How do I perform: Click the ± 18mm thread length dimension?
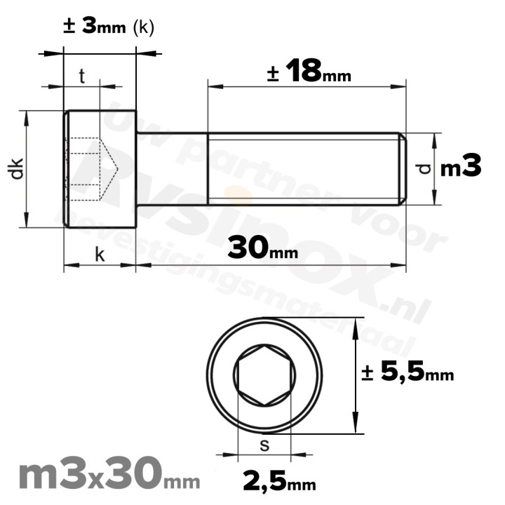point(309,72)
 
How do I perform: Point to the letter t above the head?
point(81,76)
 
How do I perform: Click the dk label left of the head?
point(18,169)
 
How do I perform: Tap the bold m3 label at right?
point(461,168)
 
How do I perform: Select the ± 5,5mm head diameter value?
point(408,373)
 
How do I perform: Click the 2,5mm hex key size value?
point(279,483)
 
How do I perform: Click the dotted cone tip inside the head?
point(112,169)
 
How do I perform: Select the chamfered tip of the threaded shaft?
point(403,169)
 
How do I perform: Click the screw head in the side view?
point(100,169)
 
